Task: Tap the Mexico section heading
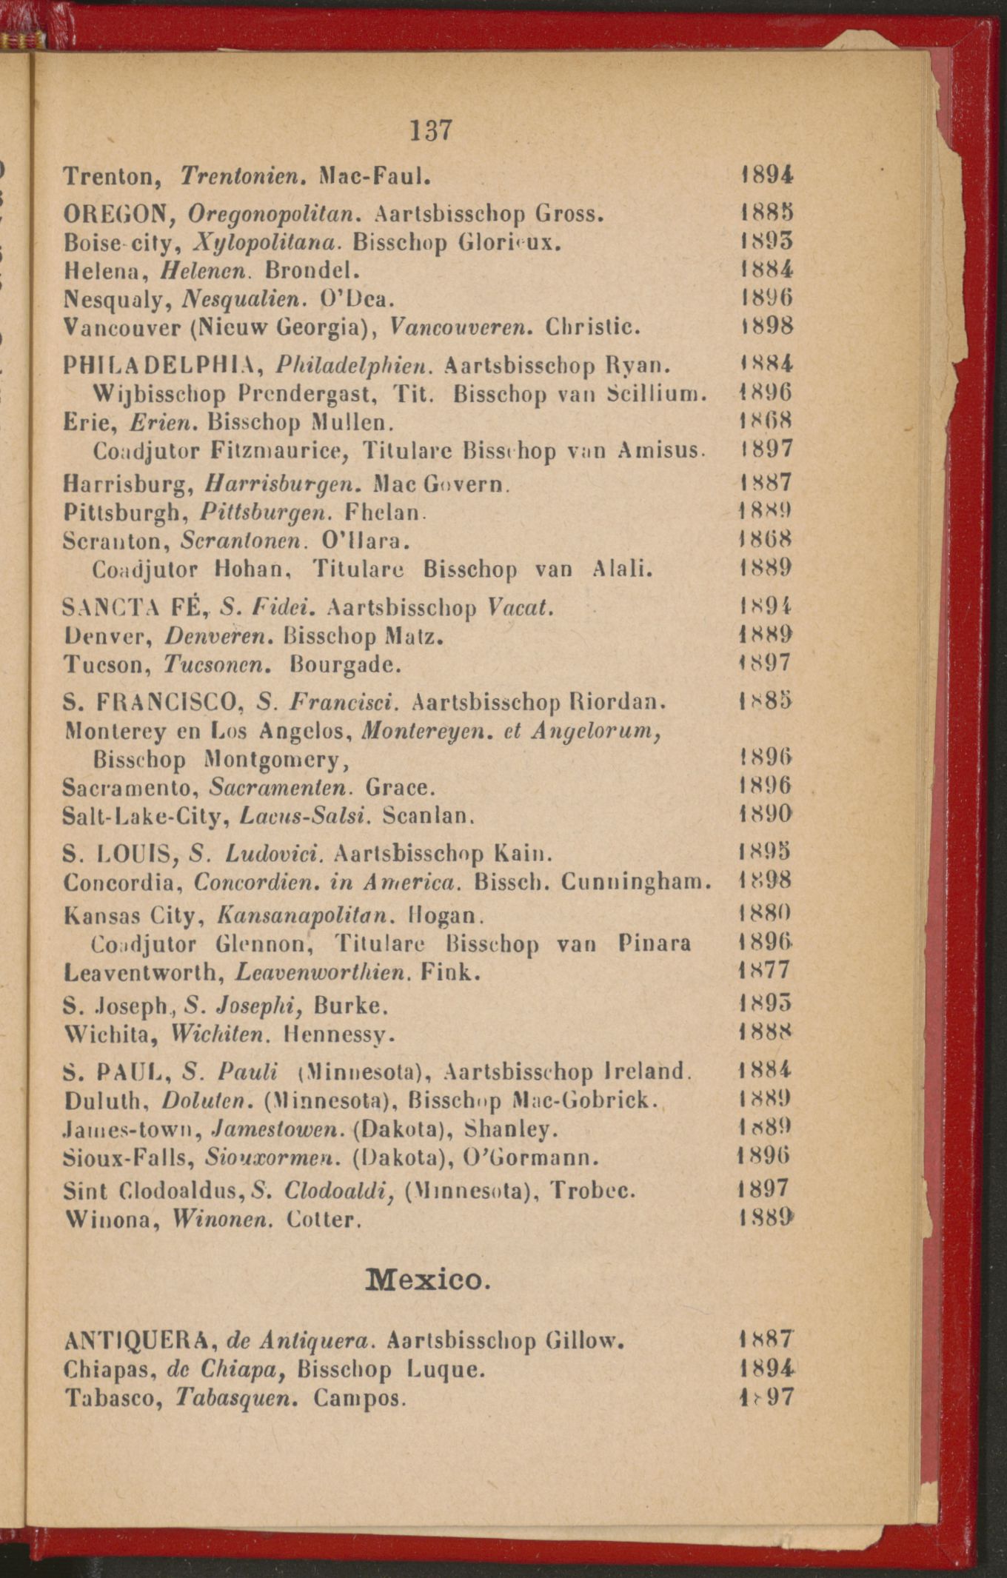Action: coord(428,1278)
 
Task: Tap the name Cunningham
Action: coord(636,882)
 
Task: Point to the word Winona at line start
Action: coord(111,1218)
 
